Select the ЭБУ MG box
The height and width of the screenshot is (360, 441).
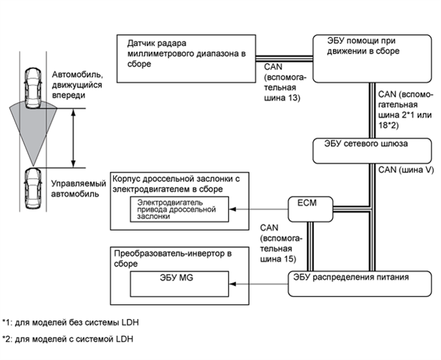179,281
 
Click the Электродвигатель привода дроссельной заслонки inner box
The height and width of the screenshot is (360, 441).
179,209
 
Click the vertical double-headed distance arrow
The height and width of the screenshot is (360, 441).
76,138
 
